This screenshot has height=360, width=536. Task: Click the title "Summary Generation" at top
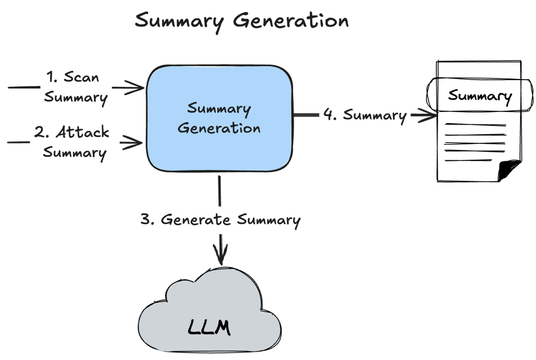click(x=241, y=21)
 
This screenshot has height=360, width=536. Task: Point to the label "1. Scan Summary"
click(x=76, y=86)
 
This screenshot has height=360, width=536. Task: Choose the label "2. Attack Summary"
click(x=74, y=142)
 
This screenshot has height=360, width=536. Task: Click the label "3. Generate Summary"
click(x=220, y=220)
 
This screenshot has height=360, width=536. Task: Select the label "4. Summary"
click(x=365, y=115)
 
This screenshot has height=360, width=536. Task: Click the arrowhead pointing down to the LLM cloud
click(x=220, y=255)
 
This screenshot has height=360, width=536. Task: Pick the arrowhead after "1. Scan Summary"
click(x=137, y=88)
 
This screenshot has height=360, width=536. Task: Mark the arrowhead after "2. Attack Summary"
click(x=137, y=142)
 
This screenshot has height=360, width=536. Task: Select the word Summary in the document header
click(x=480, y=96)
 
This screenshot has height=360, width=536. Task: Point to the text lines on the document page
click(x=475, y=142)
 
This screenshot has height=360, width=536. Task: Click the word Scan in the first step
click(x=82, y=77)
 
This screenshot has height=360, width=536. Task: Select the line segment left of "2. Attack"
click(x=18, y=142)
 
